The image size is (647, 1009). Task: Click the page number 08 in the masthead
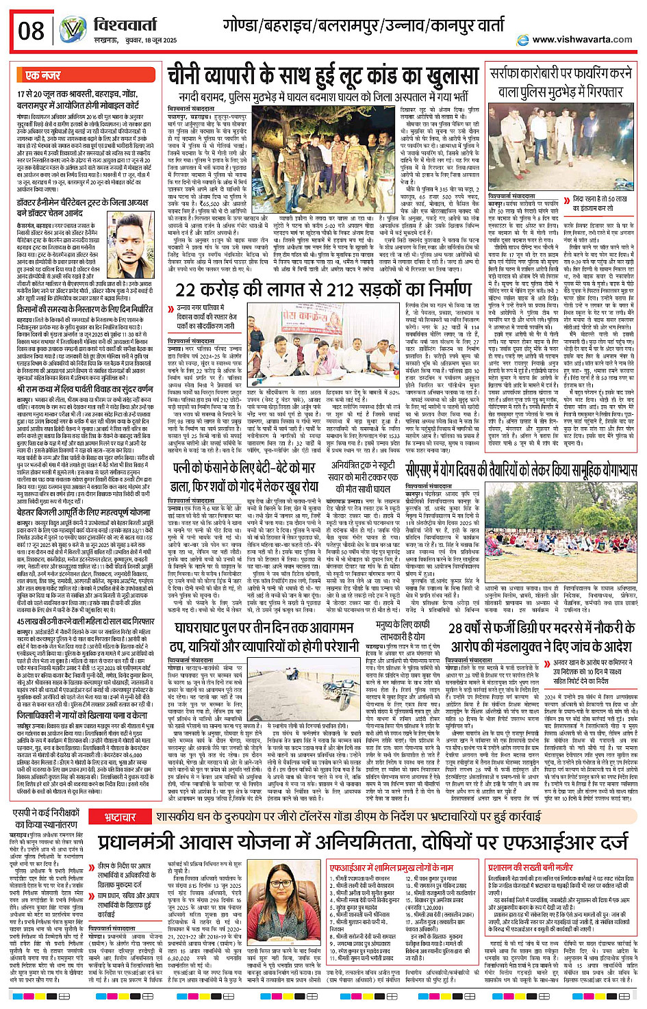coord(31,31)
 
